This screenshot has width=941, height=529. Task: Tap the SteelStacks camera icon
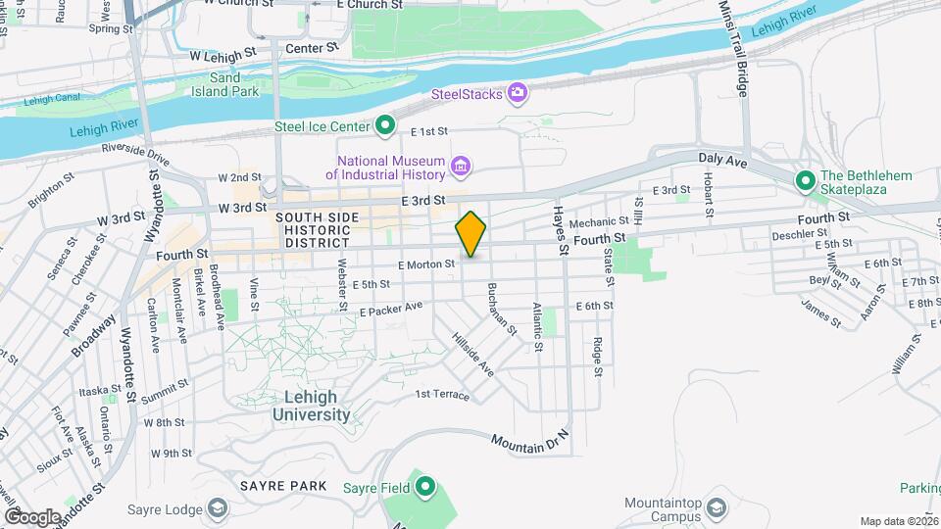click(x=518, y=94)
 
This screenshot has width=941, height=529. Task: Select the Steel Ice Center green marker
click(x=386, y=125)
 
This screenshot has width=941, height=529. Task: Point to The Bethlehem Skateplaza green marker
click(x=806, y=180)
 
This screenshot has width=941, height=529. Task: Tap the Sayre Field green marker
click(x=424, y=487)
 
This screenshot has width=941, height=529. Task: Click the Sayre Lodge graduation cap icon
click(x=217, y=508)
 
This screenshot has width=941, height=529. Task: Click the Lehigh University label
click(x=310, y=406)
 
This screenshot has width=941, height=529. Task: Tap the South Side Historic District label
click(x=313, y=229)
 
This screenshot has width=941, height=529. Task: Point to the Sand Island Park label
click(x=233, y=84)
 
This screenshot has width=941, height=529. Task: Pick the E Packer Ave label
click(x=390, y=309)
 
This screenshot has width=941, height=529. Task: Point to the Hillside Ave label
click(x=472, y=354)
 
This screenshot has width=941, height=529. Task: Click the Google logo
click(x=32, y=516)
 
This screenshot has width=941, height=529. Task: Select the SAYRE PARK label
click(x=269, y=485)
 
